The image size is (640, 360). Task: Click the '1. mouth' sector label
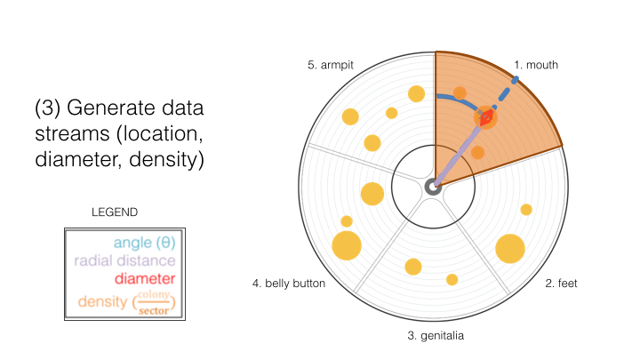(535, 65)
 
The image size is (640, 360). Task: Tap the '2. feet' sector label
(561, 284)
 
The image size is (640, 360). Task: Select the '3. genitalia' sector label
(436, 335)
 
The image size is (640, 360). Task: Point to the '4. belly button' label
(289, 284)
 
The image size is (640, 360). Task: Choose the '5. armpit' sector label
(330, 65)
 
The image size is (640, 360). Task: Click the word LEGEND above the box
(115, 212)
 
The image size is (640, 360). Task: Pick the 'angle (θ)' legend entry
(145, 243)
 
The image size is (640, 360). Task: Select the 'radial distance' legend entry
(124, 260)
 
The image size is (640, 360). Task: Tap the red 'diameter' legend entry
(145, 279)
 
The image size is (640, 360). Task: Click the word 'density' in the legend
(102, 301)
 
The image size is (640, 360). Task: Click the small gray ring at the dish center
(433, 188)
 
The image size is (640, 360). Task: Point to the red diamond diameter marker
(485, 118)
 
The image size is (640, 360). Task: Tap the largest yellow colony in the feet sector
(510, 249)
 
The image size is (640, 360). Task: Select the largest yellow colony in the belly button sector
(347, 245)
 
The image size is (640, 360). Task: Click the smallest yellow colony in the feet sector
(526, 210)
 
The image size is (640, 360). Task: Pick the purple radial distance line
(457, 156)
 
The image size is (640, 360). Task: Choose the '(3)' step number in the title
(48, 108)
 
